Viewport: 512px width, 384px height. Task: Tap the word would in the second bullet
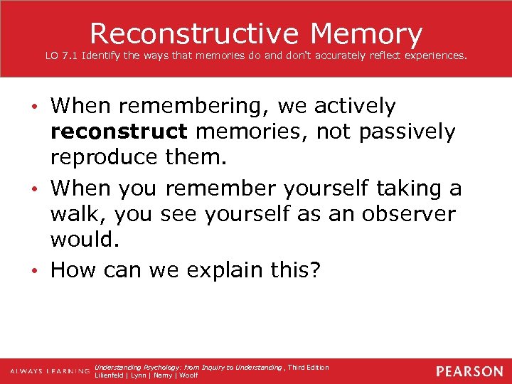(84, 240)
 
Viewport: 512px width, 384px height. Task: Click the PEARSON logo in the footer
(469, 371)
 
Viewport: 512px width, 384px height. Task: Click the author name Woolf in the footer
(189, 375)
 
